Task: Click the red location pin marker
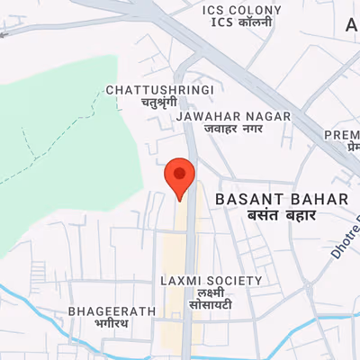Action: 180,175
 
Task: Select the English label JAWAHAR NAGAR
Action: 234,117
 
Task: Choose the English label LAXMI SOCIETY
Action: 211,281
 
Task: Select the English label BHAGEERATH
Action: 112,311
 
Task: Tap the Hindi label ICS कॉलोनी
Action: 240,22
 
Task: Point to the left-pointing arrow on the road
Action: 7,32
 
